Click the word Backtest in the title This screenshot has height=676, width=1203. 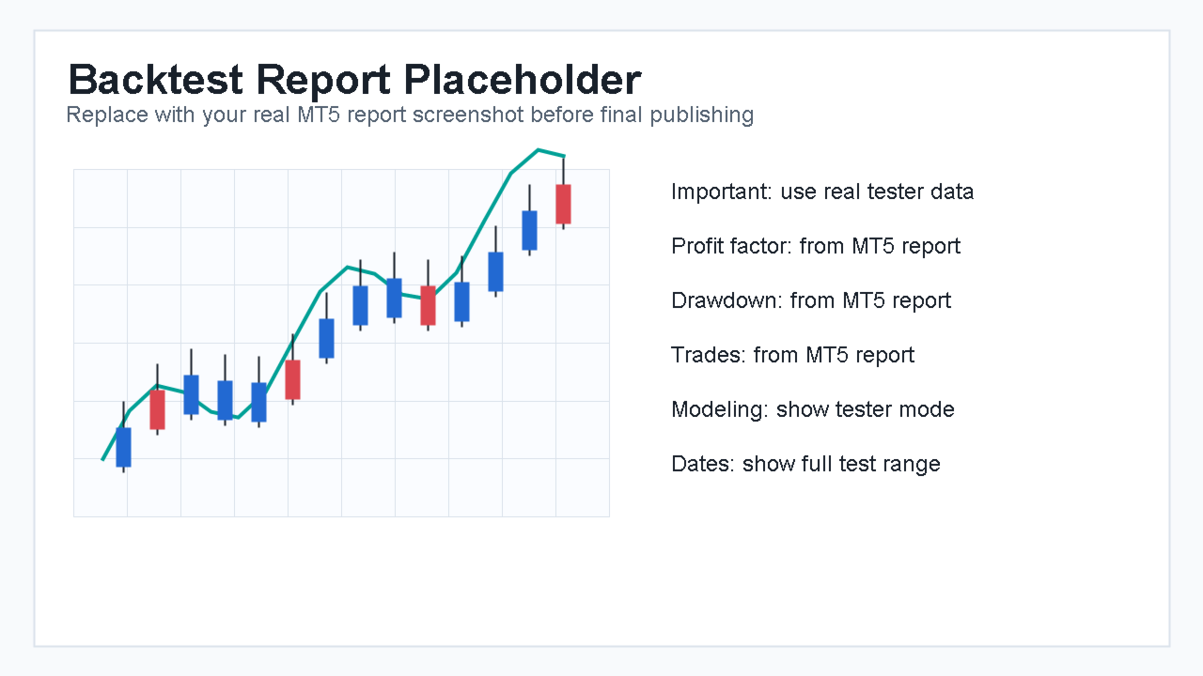click(x=155, y=80)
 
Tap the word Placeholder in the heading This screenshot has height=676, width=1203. click(x=522, y=80)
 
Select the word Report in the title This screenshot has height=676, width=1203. click(x=323, y=81)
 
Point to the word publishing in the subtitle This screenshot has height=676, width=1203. click(x=701, y=115)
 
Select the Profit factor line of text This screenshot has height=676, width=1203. click(x=816, y=246)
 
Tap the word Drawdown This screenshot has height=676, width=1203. click(x=726, y=300)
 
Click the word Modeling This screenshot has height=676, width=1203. click(x=720, y=409)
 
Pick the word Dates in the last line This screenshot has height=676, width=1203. click(x=702, y=464)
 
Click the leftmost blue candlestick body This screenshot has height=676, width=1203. click(x=123, y=447)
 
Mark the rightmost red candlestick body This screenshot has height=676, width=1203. click(x=563, y=204)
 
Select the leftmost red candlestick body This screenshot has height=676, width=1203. click(x=157, y=409)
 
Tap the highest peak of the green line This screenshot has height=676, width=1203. click(x=539, y=149)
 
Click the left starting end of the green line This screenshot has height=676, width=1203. click(x=102, y=459)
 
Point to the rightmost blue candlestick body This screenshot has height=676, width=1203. click(x=529, y=230)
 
